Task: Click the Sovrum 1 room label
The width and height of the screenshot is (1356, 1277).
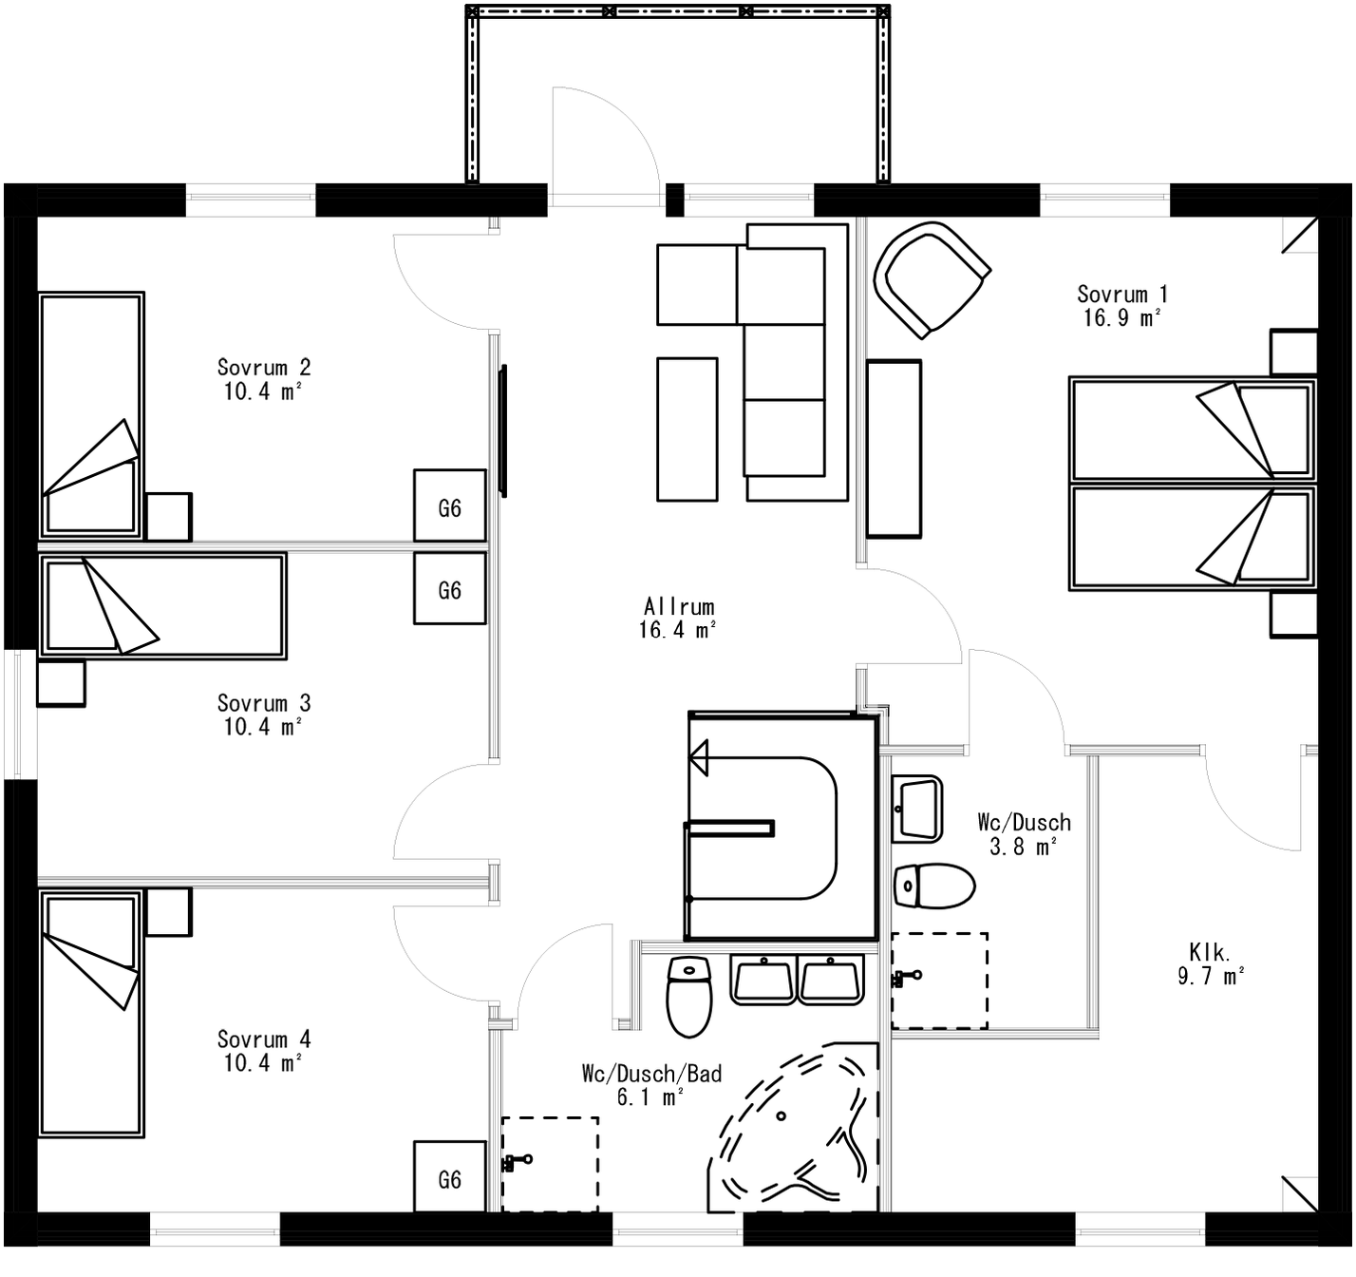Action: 1122,294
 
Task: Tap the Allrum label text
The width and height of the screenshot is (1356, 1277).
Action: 678,606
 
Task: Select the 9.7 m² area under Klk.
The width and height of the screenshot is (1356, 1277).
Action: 1211,976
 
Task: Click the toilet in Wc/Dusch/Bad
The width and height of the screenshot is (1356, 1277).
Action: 688,996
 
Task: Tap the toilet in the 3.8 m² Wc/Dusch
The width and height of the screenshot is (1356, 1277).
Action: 934,886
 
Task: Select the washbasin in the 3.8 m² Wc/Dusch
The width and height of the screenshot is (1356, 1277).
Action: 917,809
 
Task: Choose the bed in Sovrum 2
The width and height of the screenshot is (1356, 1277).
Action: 91,415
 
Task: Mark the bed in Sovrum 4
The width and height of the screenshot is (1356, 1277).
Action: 91,1013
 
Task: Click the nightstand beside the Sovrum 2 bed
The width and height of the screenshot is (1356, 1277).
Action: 168,517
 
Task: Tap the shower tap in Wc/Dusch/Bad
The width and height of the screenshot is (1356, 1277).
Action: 518,1160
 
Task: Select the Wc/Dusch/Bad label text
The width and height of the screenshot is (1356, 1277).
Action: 651,1074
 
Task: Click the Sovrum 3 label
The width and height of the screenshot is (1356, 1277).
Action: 263,703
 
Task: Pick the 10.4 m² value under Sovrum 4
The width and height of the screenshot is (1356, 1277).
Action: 263,1062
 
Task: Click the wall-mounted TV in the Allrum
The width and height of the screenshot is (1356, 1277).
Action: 502,430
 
